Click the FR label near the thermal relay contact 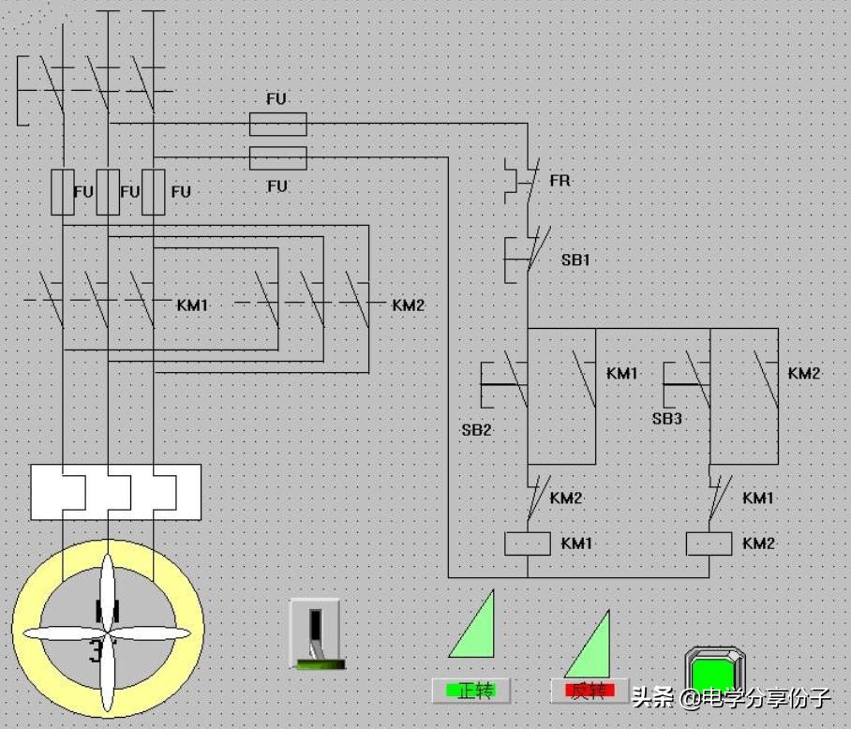pyautogui.click(x=560, y=180)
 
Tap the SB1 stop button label pyautogui.click(x=576, y=260)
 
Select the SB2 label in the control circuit pyautogui.click(x=476, y=430)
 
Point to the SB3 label pyautogui.click(x=666, y=418)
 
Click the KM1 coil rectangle pyautogui.click(x=527, y=543)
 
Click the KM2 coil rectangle pyautogui.click(x=709, y=543)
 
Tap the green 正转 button pyautogui.click(x=470, y=691)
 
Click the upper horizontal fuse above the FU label pyautogui.click(x=277, y=123)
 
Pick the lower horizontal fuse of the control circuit pyautogui.click(x=277, y=157)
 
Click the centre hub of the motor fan pyautogui.click(x=108, y=633)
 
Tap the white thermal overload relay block pyautogui.click(x=115, y=491)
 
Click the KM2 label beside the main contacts pyautogui.click(x=409, y=305)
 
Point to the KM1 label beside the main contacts pyautogui.click(x=192, y=305)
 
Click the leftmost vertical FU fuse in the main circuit pyautogui.click(x=63, y=192)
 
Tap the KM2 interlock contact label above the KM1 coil pyautogui.click(x=566, y=498)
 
